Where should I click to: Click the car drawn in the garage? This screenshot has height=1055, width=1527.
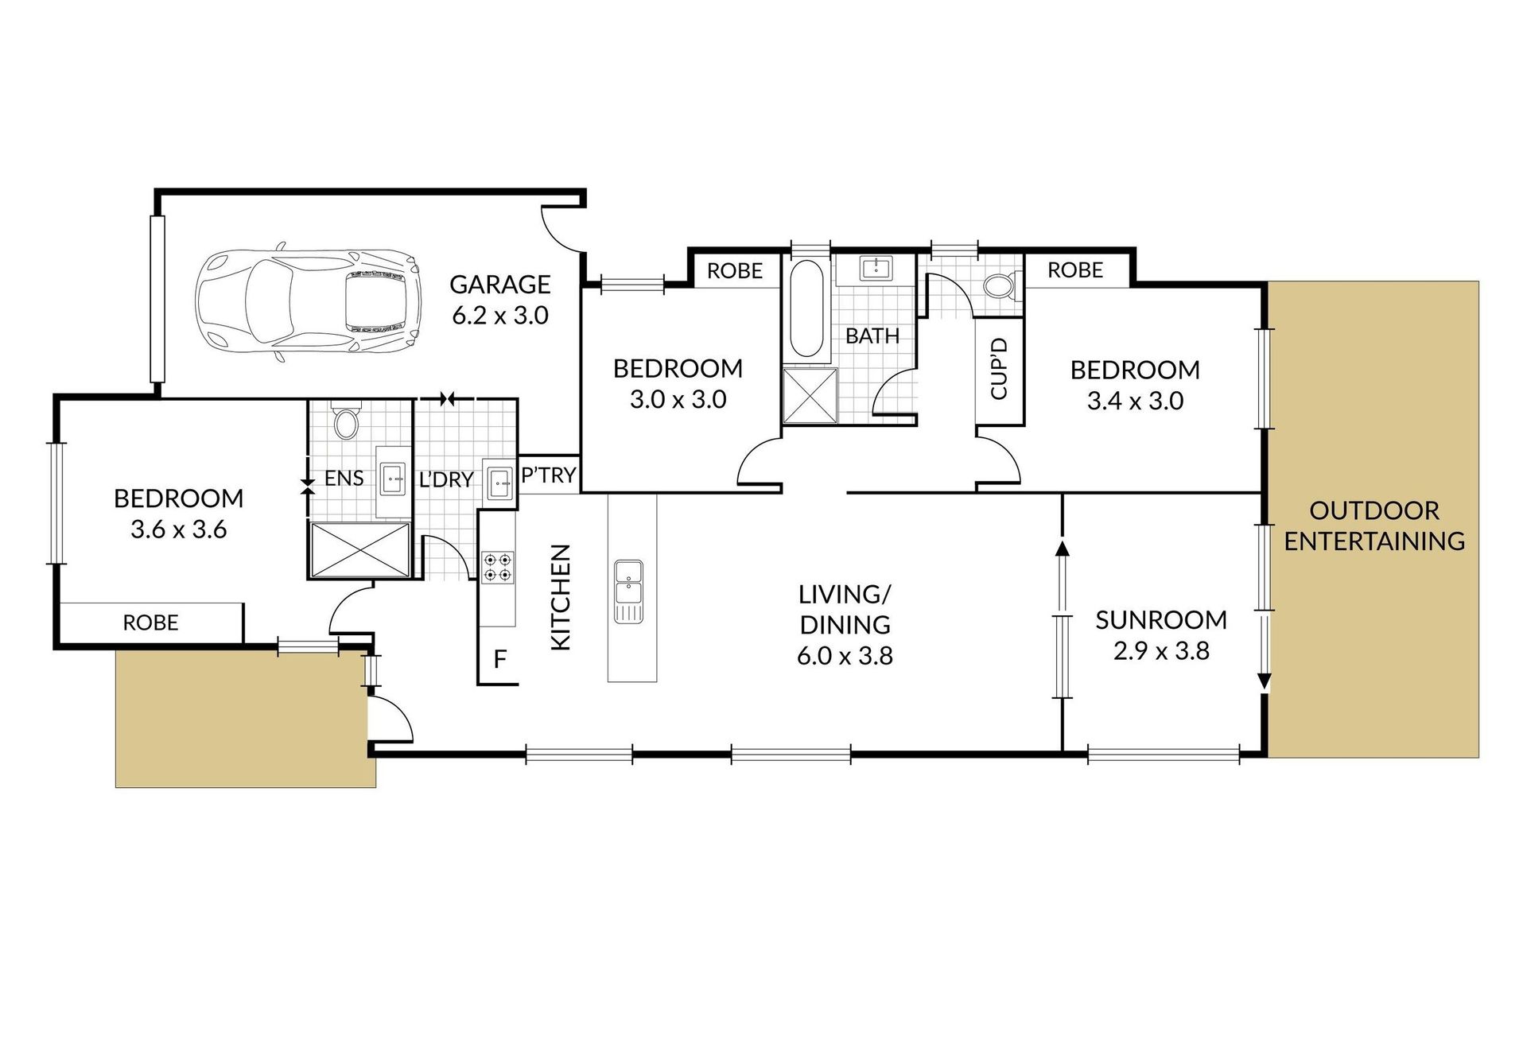tap(307, 305)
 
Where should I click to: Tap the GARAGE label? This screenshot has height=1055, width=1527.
tap(500, 284)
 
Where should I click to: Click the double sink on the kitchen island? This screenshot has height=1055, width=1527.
tap(628, 591)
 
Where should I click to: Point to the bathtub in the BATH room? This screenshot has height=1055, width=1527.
tap(806, 308)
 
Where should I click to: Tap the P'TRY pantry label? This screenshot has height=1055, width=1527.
tap(548, 475)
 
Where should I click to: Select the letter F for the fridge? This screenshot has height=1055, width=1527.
tap(500, 659)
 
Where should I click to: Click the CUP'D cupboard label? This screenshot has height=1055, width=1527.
tap(999, 369)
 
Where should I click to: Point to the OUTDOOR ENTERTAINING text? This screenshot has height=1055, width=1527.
tap(1374, 526)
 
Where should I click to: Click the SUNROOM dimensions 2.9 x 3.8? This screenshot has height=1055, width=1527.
tap(1161, 652)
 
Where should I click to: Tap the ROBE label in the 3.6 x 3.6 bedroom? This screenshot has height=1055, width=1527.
tap(150, 623)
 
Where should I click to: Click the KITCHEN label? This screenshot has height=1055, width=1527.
tap(561, 597)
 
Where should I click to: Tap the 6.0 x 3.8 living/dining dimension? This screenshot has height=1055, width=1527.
tap(845, 657)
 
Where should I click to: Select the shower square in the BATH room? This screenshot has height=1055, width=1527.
tap(810, 396)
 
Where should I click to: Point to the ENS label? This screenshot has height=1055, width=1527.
tap(344, 478)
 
